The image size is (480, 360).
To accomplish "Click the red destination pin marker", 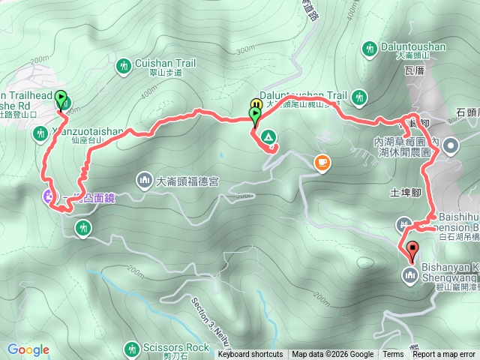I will point(411,250).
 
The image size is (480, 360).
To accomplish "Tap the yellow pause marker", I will point(256,105).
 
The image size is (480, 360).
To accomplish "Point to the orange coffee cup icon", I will point(322,161).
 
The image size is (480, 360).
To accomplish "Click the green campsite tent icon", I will point(268,137).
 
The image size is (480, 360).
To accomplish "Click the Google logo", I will point(28,349).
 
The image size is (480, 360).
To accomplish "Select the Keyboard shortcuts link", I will point(250,355).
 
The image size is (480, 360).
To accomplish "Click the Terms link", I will point(393,355).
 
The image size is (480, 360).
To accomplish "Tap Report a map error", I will point(444,355).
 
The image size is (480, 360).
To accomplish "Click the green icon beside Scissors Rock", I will point(132,348).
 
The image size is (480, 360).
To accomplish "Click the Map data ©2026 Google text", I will point(332,355).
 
